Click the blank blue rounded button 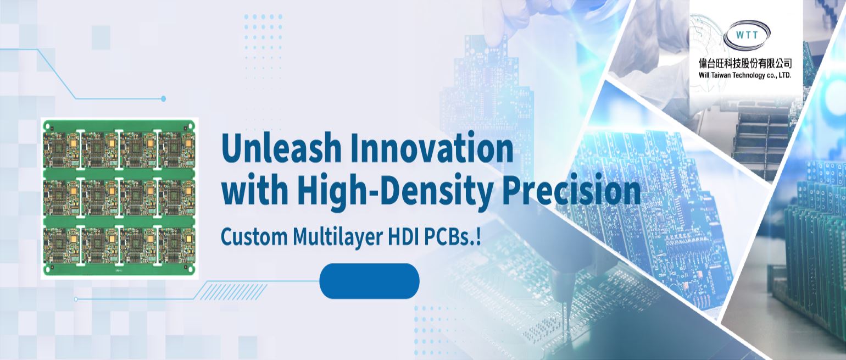coord(369,281)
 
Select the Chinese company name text coord(745,63)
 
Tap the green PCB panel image coord(119,198)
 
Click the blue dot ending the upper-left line coord(163,98)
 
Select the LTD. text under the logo coord(784,75)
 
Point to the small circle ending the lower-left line coord(76,299)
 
